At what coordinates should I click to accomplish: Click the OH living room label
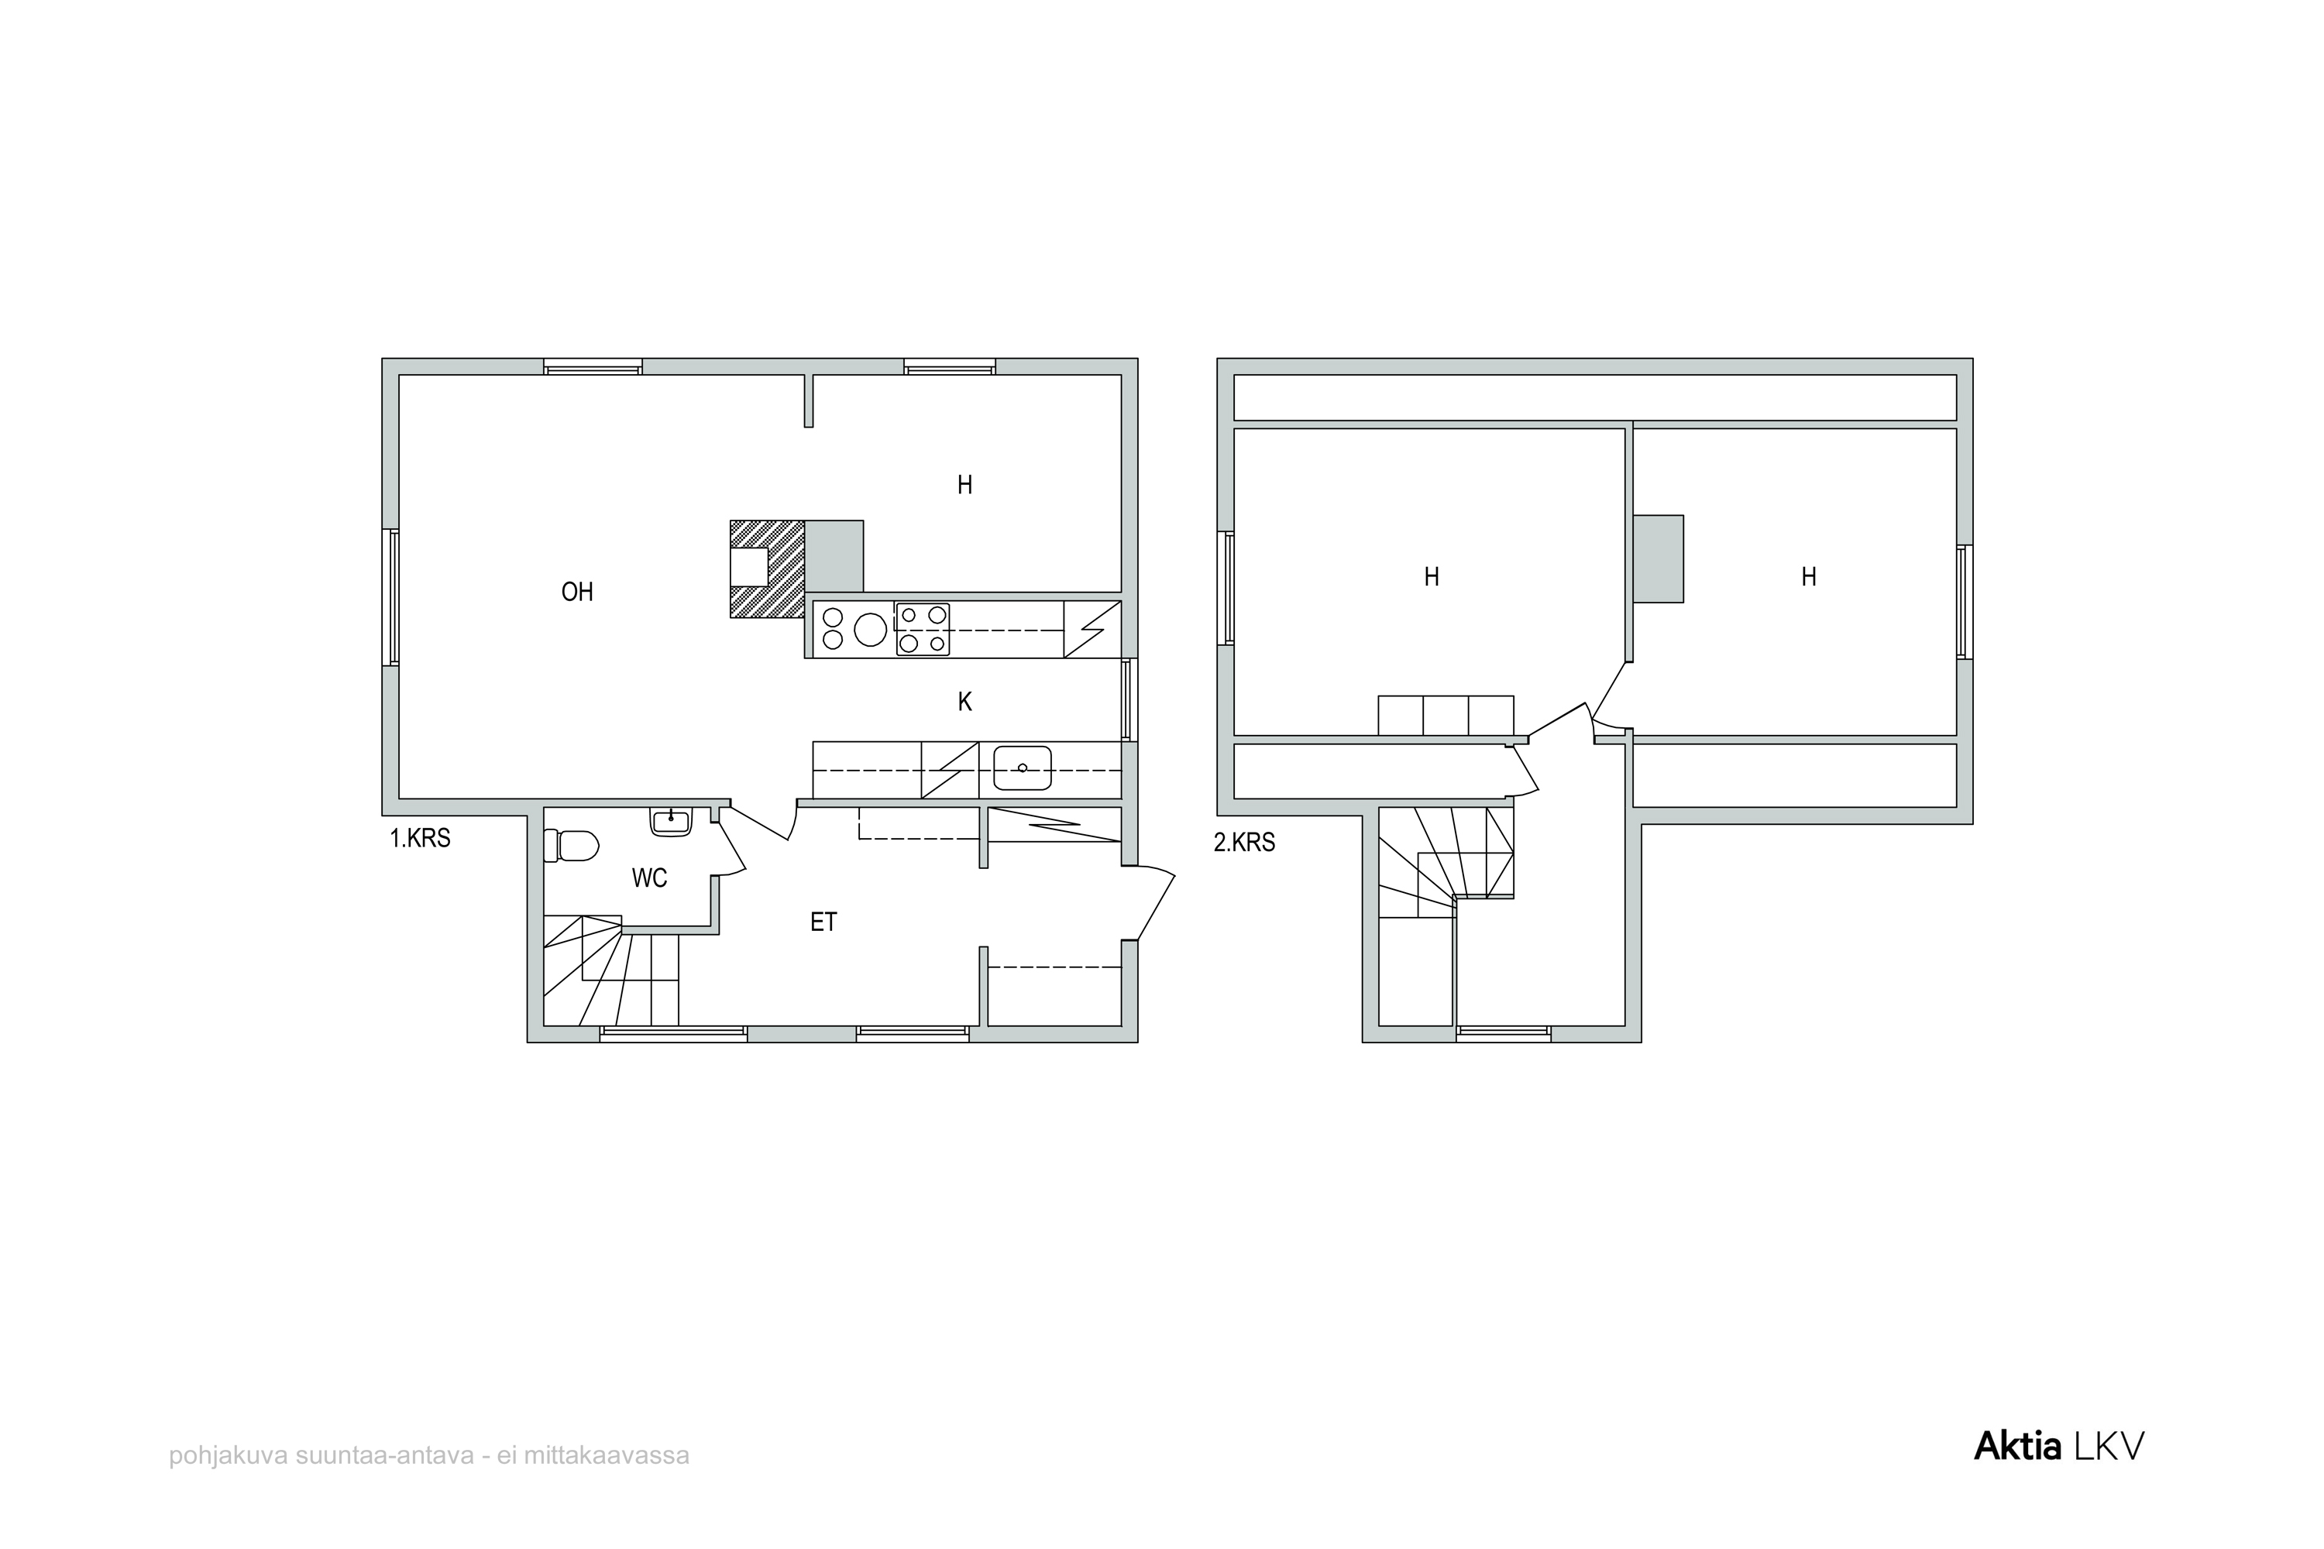point(577,592)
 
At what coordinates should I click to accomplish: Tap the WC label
point(649,878)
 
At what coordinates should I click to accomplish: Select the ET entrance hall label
point(823,922)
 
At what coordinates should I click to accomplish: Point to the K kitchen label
point(964,702)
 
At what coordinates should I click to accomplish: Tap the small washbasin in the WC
point(671,822)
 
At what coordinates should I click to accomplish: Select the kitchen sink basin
point(1022,768)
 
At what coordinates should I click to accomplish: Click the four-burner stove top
point(923,629)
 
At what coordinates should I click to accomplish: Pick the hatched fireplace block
point(768,569)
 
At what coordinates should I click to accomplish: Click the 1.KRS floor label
point(420,839)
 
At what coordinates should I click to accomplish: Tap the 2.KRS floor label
point(1244,843)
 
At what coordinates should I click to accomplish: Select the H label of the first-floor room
point(964,485)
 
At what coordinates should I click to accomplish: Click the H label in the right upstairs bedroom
point(1808,577)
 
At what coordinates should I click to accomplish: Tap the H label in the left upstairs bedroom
point(1431,577)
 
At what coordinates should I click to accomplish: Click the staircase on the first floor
point(610,971)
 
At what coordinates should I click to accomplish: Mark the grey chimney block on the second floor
point(1658,559)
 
